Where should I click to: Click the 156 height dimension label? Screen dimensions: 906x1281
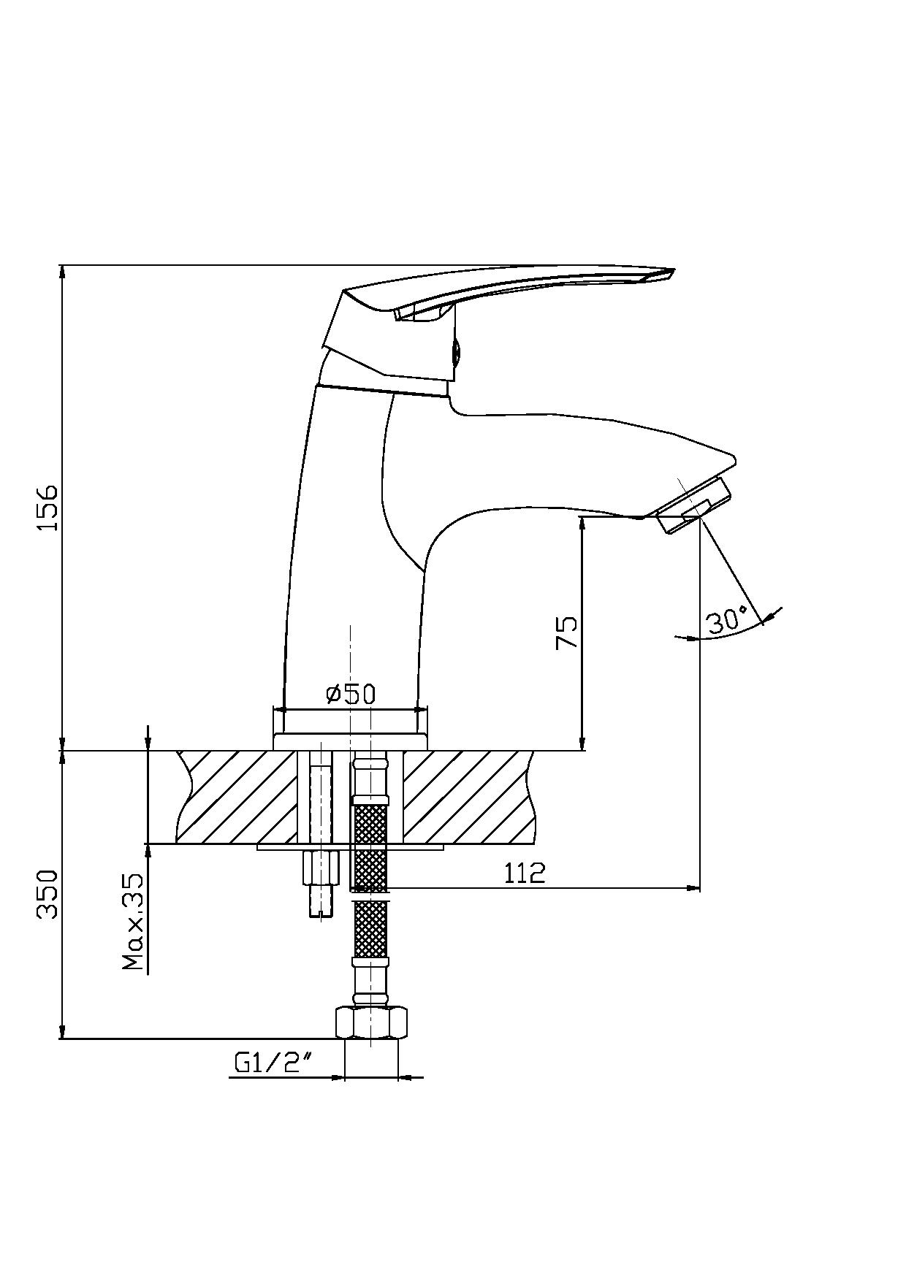(48, 507)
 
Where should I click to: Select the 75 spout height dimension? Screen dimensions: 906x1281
(566, 632)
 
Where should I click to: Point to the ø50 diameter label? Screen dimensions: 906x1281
(351, 694)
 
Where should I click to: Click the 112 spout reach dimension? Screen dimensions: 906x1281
(525, 873)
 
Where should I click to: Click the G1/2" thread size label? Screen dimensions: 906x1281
(270, 1063)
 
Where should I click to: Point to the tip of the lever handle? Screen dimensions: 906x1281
(673, 270)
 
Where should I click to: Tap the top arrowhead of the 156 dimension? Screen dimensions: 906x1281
(63, 273)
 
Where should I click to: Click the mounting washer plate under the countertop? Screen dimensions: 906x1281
(350, 847)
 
